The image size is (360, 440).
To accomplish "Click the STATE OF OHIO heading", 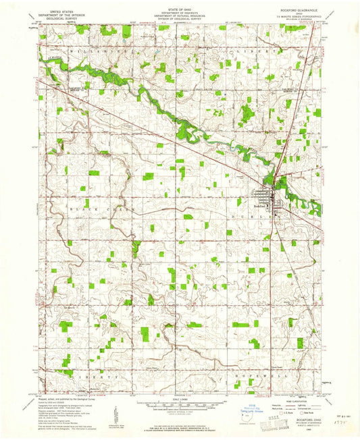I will pos(180,7).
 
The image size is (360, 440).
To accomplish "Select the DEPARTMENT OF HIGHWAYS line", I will pos(180,11).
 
